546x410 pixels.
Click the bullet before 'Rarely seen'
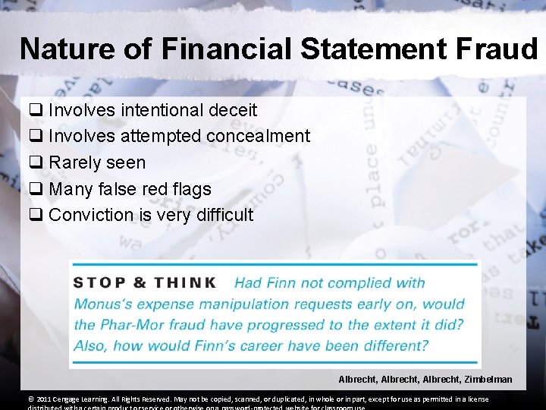coord(35,162)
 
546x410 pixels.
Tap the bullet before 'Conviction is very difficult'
coord(35,215)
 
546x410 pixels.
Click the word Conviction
coord(90,215)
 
